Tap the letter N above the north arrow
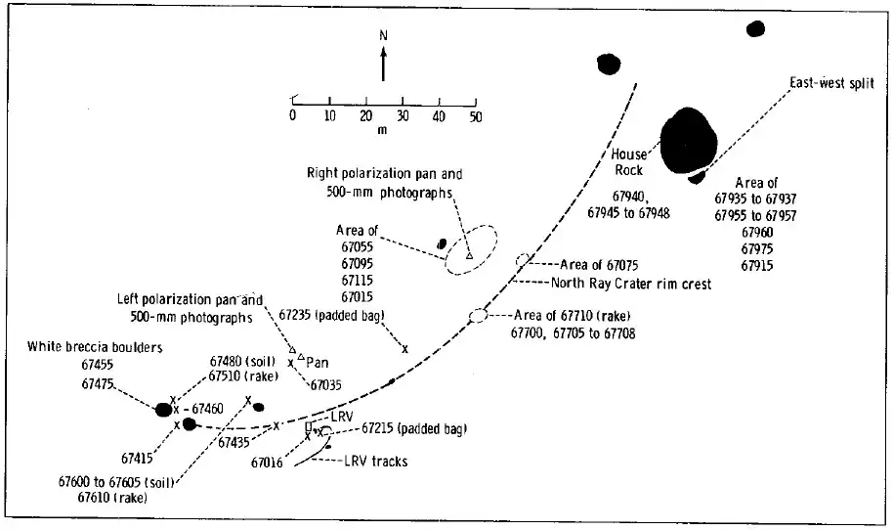click(383, 35)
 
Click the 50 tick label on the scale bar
click(476, 116)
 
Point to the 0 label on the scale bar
click(292, 116)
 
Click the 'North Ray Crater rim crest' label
click(631, 285)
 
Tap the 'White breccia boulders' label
click(95, 346)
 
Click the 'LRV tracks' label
click(375, 461)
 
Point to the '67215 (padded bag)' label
click(414, 428)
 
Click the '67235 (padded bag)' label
click(332, 315)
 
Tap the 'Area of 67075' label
click(600, 265)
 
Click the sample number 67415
click(138, 457)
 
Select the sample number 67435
click(234, 442)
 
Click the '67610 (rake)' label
click(112, 497)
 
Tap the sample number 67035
click(326, 386)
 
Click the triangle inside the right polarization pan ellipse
click(469, 255)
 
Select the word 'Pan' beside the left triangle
click(318, 363)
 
